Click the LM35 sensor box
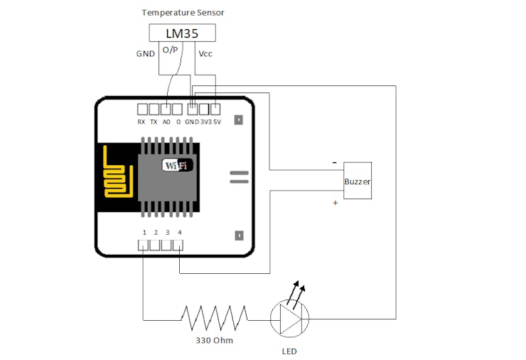click(181, 33)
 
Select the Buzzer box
click(358, 181)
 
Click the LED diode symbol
click(290, 319)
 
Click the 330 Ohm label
click(215, 340)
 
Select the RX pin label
click(141, 122)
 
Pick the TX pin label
click(154, 122)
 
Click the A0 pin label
click(166, 122)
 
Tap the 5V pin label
click(217, 122)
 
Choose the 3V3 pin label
click(205, 122)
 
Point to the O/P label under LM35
click(171, 49)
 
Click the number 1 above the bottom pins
click(144, 233)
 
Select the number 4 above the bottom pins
click(179, 233)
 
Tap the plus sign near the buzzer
click(335, 203)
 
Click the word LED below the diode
click(289, 351)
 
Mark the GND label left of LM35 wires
click(146, 53)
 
